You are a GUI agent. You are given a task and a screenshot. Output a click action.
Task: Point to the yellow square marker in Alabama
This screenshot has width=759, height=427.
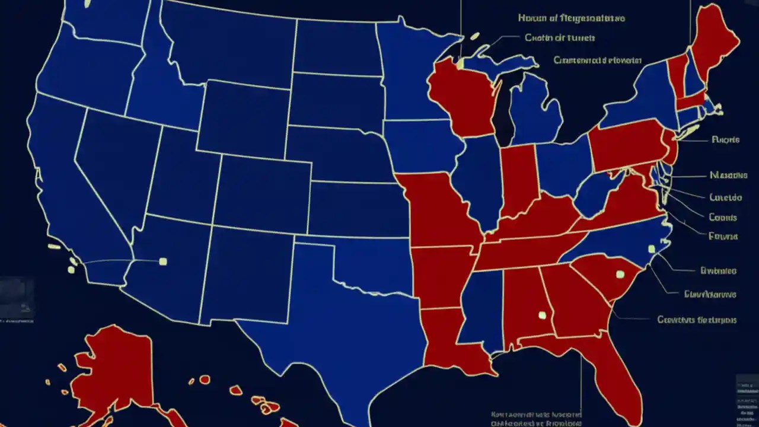(x=541, y=315)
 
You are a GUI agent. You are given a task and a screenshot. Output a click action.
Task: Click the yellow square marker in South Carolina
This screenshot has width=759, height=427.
(x=620, y=274)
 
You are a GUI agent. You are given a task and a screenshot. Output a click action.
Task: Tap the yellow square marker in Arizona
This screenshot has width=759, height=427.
(x=163, y=261)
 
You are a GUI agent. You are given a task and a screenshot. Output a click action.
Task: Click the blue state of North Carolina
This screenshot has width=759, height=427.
(x=623, y=240)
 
